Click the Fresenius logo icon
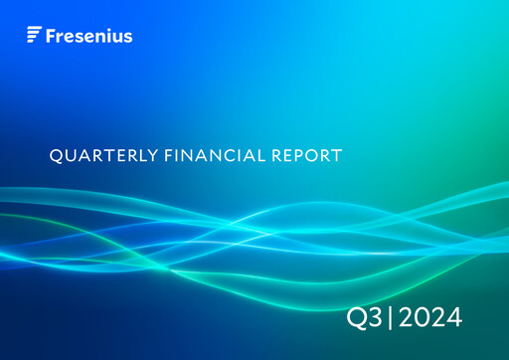34,36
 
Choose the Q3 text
361,318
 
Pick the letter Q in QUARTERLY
55,155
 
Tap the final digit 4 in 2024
452,318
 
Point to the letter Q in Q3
354,318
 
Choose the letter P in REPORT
294,155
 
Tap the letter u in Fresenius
116,37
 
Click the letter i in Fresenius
107,36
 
